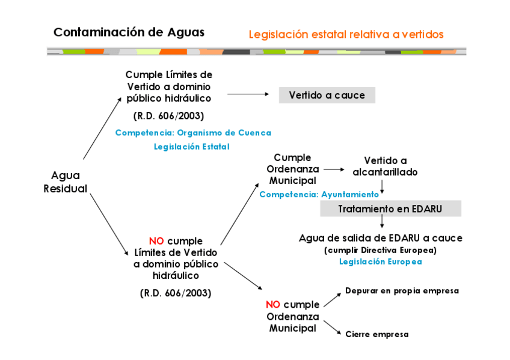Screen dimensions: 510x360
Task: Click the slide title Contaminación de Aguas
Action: (x=129, y=32)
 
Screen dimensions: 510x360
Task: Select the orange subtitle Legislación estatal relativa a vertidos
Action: (x=346, y=34)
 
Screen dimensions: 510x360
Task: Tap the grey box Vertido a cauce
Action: (x=327, y=95)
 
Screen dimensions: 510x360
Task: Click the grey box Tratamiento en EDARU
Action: (x=390, y=209)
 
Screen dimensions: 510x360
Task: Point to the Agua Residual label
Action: (x=66, y=182)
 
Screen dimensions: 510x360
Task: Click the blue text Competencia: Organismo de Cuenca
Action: (x=193, y=133)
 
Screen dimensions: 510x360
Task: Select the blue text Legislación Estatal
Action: (x=191, y=146)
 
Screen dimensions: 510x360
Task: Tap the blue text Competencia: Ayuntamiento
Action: (x=319, y=194)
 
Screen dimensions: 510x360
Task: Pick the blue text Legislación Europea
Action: (x=380, y=261)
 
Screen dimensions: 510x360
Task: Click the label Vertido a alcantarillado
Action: (x=386, y=166)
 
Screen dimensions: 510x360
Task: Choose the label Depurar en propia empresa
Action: (x=402, y=291)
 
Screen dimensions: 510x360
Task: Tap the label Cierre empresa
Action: (x=376, y=334)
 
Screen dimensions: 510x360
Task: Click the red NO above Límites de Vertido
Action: (x=156, y=240)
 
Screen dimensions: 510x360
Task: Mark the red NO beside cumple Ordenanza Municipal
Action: (x=273, y=304)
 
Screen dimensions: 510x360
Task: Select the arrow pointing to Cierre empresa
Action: (x=332, y=328)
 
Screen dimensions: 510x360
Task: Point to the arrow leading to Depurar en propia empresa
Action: (x=332, y=299)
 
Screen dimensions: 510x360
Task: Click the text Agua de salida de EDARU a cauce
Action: (x=380, y=238)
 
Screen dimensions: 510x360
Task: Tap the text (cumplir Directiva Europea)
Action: (x=380, y=250)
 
